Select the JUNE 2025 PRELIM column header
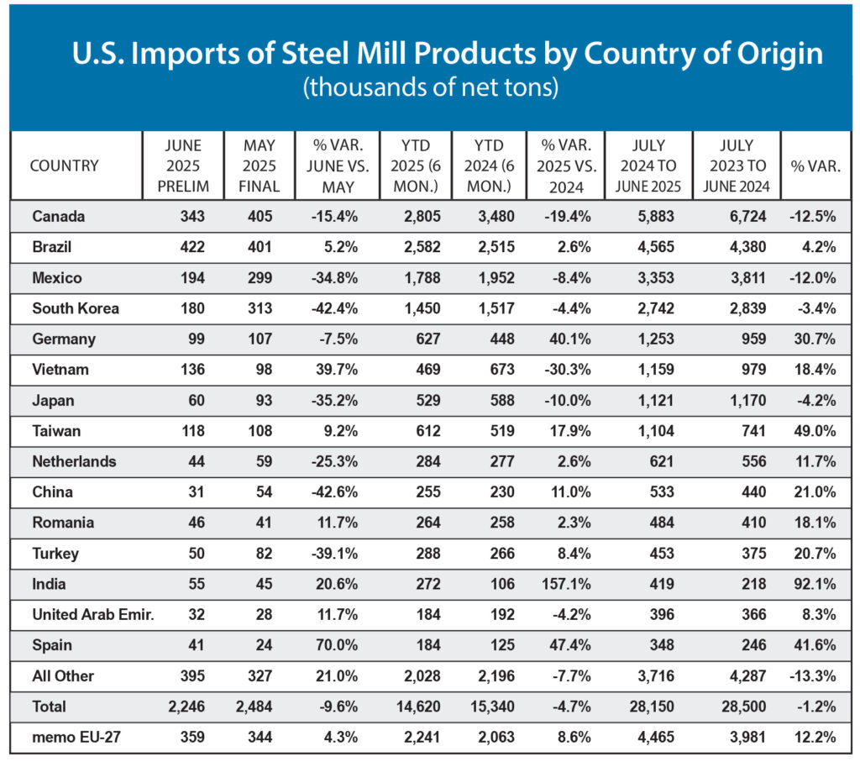(184, 166)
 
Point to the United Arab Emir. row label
(92, 614)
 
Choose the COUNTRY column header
(64, 166)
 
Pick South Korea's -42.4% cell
(334, 308)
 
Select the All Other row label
(63, 675)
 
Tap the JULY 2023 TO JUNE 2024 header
(737, 166)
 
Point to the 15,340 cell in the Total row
(491, 706)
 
